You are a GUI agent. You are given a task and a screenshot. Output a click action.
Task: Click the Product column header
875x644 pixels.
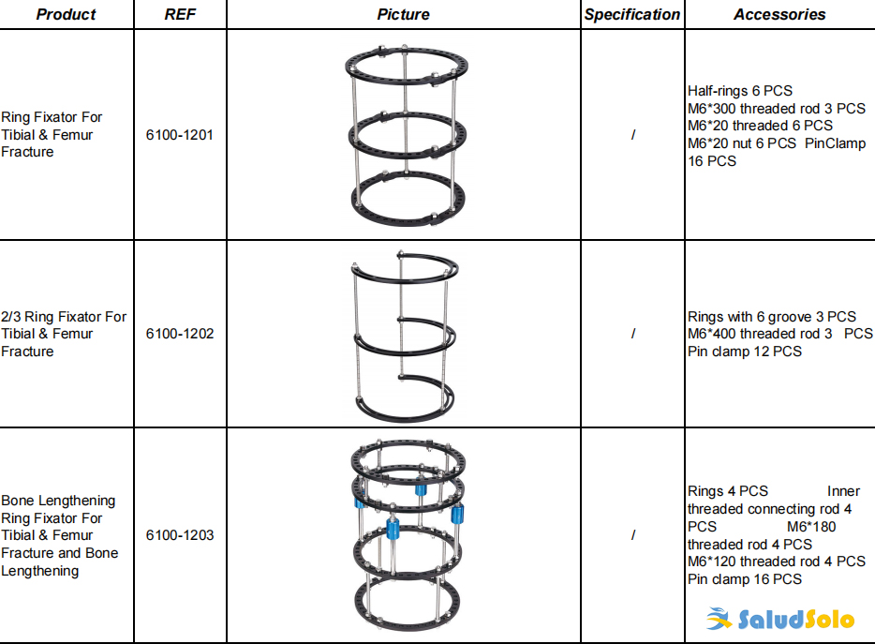click(66, 14)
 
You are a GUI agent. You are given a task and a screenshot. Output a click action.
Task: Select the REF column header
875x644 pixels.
click(180, 14)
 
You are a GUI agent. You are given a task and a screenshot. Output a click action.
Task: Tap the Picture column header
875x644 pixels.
click(403, 14)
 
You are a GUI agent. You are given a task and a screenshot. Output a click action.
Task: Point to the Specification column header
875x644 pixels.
click(632, 14)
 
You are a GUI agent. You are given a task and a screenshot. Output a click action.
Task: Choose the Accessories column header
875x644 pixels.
click(779, 14)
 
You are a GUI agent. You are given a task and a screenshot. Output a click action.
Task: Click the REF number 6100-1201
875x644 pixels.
click(180, 135)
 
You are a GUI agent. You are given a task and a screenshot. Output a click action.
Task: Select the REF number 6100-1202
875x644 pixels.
click(180, 334)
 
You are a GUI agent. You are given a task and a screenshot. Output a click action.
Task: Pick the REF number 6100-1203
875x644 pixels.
click(180, 535)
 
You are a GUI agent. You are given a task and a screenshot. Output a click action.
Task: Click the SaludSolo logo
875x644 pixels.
click(780, 619)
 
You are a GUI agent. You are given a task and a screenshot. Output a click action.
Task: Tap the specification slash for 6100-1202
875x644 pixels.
click(632, 334)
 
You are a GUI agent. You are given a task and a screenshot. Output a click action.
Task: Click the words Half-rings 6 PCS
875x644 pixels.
click(740, 91)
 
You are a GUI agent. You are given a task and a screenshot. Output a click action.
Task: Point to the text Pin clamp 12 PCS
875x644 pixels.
click(745, 352)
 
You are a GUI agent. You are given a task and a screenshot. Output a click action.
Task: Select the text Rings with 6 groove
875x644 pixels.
click(749, 317)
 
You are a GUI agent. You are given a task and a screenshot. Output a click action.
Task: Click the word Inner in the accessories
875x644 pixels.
click(843, 491)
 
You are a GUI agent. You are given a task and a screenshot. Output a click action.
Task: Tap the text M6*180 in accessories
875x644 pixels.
click(811, 527)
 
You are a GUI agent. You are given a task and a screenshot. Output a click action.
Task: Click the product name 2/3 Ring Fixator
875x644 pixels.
click(64, 317)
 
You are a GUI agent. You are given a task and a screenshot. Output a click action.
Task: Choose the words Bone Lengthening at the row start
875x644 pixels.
click(58, 501)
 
